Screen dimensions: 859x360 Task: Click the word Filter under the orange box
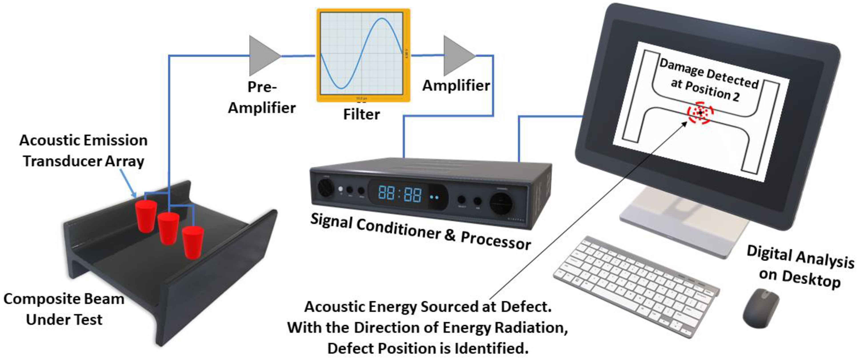(x=362, y=115)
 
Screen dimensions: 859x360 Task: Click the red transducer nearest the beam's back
(x=146, y=216)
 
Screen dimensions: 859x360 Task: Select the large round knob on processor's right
(x=500, y=203)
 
